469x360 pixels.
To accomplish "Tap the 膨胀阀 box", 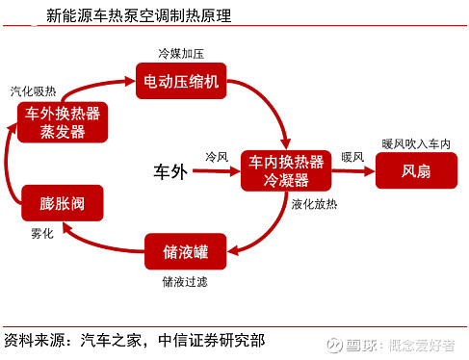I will pyautogui.click(x=62, y=203).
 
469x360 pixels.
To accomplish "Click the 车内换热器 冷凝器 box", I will pyautogui.click(x=287, y=170).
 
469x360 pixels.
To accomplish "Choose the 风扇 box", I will pyautogui.click(x=416, y=170).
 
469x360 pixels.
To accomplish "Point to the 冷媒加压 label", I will pyautogui.click(x=181, y=49).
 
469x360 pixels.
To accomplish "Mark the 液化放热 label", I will pyautogui.click(x=315, y=204).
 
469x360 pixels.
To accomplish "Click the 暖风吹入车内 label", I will pyautogui.click(x=416, y=143).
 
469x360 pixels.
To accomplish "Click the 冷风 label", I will pyautogui.click(x=217, y=156).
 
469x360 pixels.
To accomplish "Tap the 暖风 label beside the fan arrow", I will pyautogui.click(x=352, y=156).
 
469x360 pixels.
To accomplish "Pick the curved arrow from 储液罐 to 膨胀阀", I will pyautogui.click(x=106, y=241).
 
